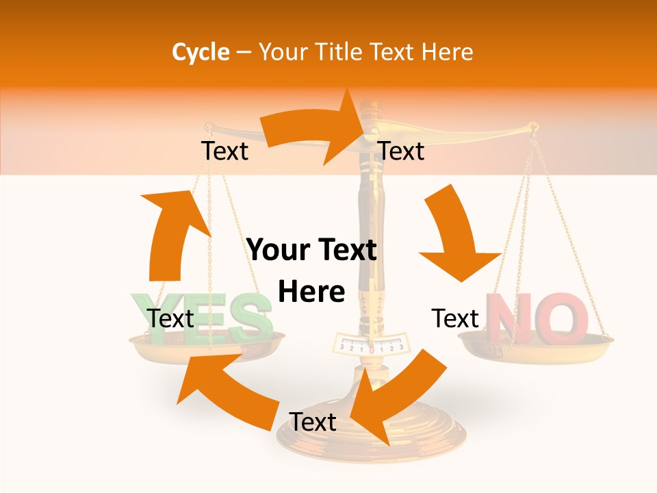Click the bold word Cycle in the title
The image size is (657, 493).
click(200, 53)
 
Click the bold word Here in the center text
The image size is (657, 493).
click(311, 292)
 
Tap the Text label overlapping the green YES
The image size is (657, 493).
click(170, 318)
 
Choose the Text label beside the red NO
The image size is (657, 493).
click(455, 318)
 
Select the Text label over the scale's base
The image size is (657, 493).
click(312, 422)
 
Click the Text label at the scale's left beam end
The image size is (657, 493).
click(224, 151)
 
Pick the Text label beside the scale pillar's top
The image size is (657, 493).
click(401, 151)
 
